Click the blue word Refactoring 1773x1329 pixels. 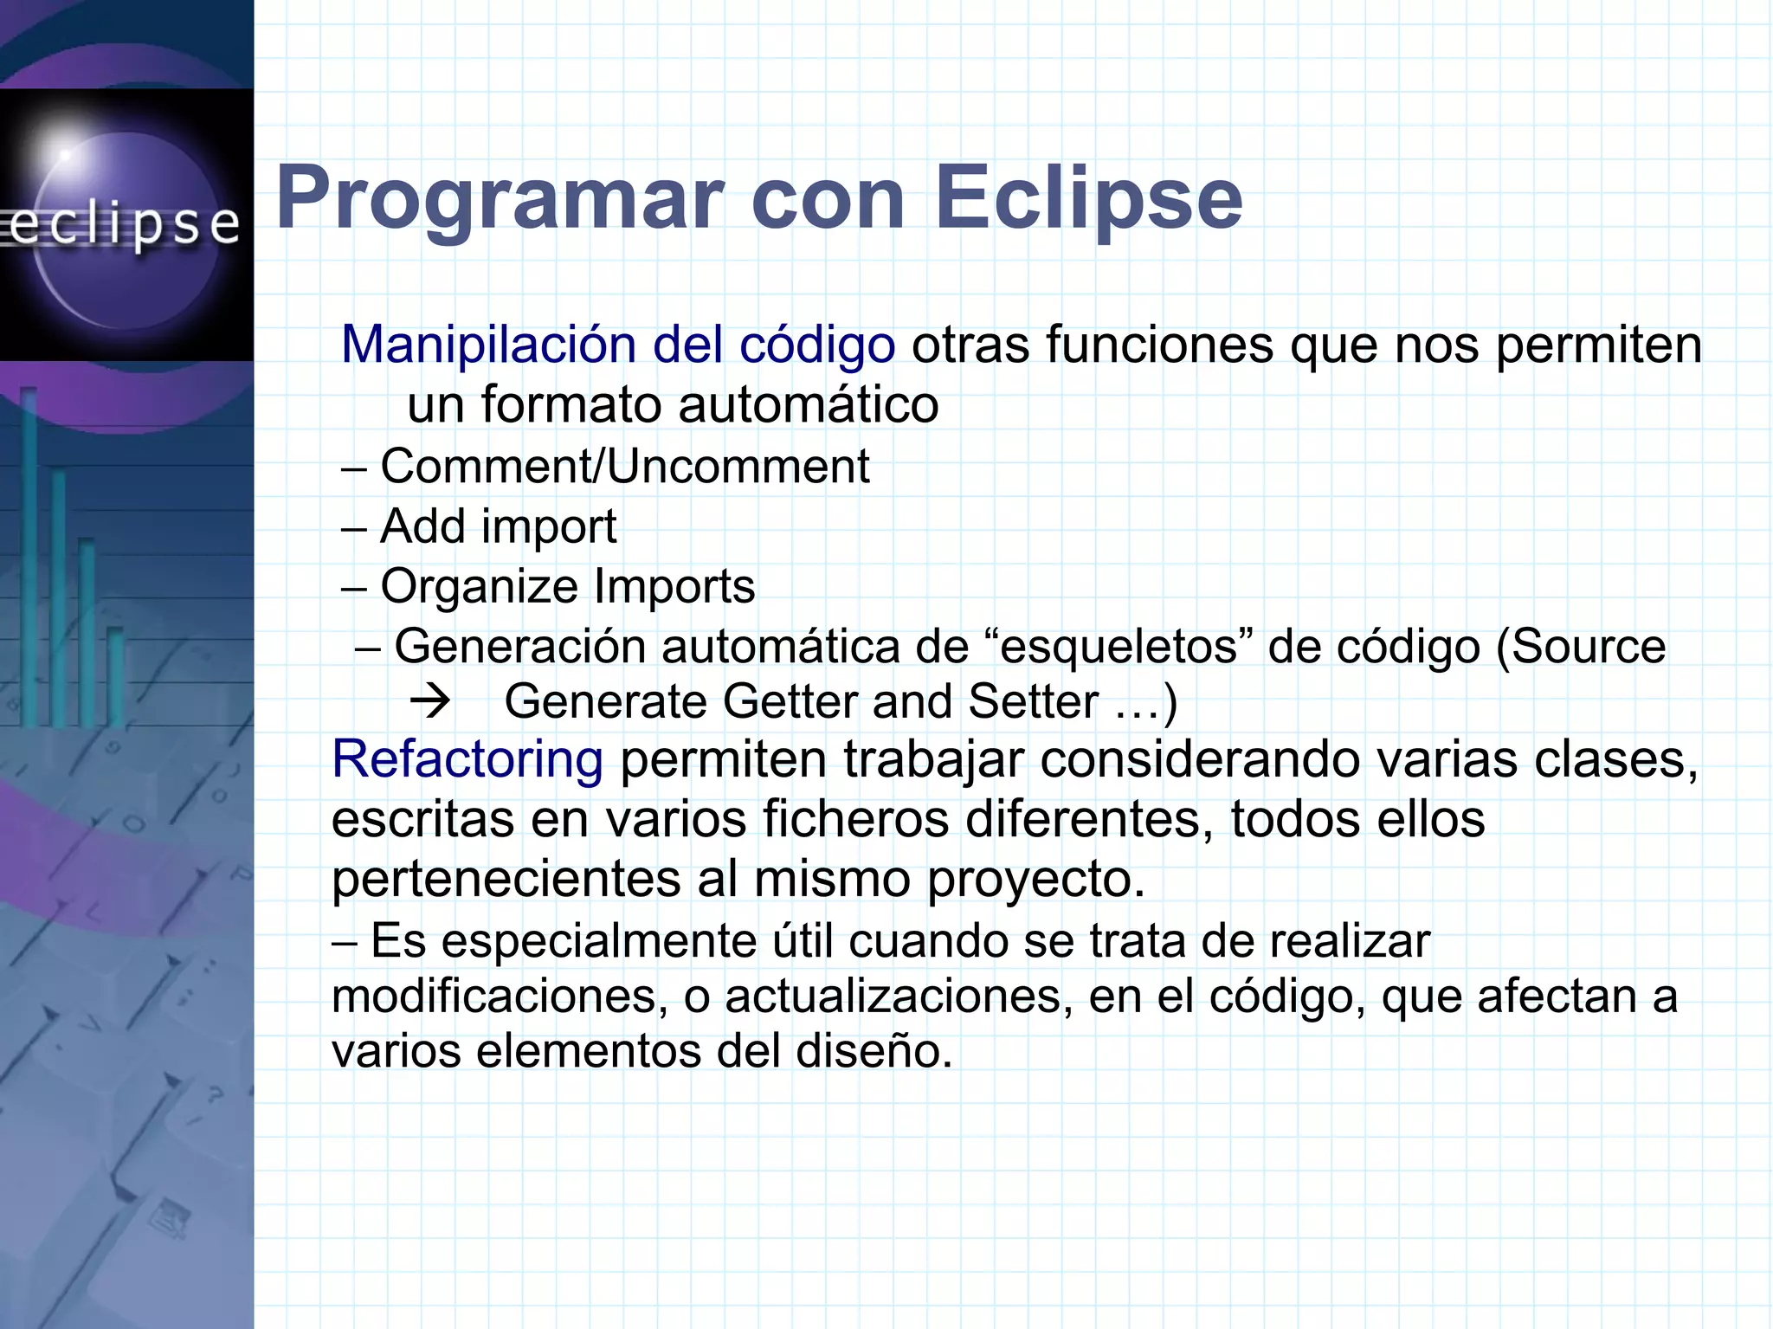[x=467, y=759]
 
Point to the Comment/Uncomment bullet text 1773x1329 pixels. [x=624, y=467]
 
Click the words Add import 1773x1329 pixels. [x=498, y=526]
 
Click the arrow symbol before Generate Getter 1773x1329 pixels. [x=430, y=700]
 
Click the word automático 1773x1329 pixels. [x=808, y=404]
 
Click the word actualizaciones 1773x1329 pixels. [x=894, y=997]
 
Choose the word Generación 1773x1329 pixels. [x=519, y=647]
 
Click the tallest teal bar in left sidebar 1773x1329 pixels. [x=29, y=554]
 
